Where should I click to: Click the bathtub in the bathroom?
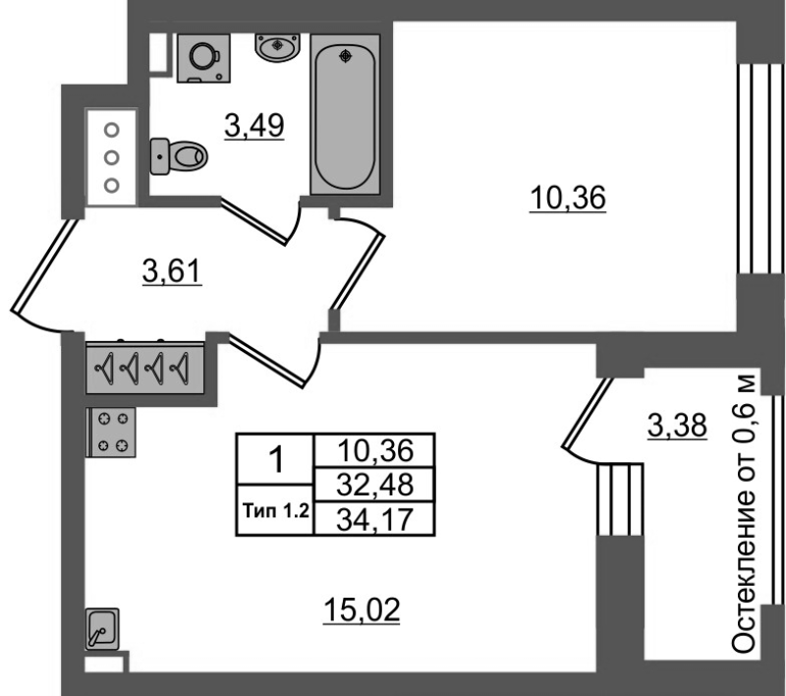pos(345,114)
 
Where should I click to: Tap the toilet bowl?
pos(179,156)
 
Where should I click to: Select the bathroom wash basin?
pos(277,46)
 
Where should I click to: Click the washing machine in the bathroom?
pos(204,58)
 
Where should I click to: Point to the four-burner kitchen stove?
pos(111,432)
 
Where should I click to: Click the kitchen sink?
pos(102,629)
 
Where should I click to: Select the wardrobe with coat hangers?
pos(145,368)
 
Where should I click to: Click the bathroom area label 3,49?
pos(254,126)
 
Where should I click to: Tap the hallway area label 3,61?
pos(173,271)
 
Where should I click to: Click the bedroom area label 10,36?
pos(568,198)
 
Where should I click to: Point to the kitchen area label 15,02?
pos(362,610)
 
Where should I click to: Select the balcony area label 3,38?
pos(677,426)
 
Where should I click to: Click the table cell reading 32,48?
pos(374,485)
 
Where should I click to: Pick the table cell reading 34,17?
pos(374,519)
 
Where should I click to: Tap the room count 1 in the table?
pos(275,459)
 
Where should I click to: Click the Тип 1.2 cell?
pos(275,511)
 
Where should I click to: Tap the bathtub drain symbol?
pos(346,56)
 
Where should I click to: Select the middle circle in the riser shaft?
pos(112,158)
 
